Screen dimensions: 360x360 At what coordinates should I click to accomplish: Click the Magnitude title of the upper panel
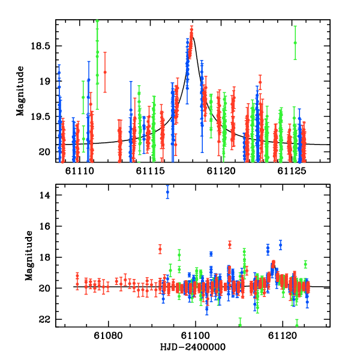pos(20,91)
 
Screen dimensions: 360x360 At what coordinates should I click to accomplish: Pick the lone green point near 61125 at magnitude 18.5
pos(295,43)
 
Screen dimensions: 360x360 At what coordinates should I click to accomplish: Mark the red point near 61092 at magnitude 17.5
pos(160,248)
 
